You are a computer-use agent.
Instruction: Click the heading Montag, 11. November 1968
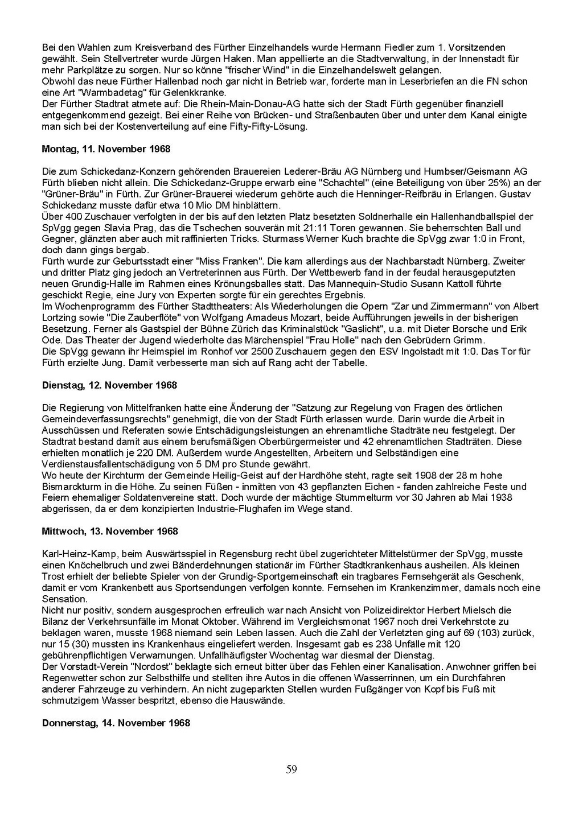[106, 149]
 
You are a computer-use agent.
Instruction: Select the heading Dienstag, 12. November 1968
[109, 385]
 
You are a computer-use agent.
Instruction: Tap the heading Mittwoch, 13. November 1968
[110, 532]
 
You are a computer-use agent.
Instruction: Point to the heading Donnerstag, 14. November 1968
[116, 723]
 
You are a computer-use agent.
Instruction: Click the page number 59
[291, 770]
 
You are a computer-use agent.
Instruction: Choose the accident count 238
[371, 644]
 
